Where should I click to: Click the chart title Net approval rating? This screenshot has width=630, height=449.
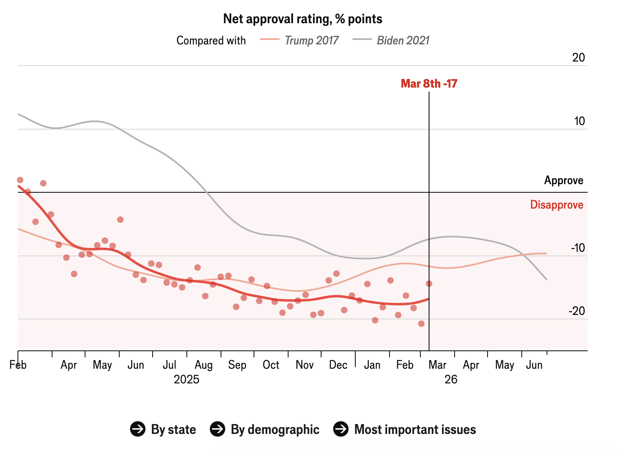pyautogui.click(x=302, y=19)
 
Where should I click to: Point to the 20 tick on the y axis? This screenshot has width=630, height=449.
pyautogui.click(x=578, y=57)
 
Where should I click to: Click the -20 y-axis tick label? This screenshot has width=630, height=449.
pyautogui.click(x=577, y=311)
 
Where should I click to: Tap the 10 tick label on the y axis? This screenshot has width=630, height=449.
pyautogui.click(x=579, y=121)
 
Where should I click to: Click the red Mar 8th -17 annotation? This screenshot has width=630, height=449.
pyautogui.click(x=429, y=84)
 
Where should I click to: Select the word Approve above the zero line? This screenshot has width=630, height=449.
pyautogui.click(x=564, y=180)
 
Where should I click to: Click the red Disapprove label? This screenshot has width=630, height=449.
pyautogui.click(x=556, y=205)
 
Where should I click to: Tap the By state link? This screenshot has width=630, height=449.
pyautogui.click(x=164, y=429)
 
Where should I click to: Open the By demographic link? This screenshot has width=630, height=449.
pyautogui.click(x=265, y=429)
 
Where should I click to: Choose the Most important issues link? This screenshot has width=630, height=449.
pyautogui.click(x=405, y=429)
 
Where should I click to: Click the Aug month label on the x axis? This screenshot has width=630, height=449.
pyautogui.click(x=203, y=365)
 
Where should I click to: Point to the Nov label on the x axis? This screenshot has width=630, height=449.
pyautogui.click(x=304, y=365)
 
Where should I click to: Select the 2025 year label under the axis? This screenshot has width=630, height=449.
pyautogui.click(x=186, y=380)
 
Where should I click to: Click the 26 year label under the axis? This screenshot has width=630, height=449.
pyautogui.click(x=451, y=380)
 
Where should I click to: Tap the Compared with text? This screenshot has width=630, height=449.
pyautogui.click(x=211, y=40)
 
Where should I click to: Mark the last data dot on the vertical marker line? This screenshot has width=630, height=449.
pyautogui.click(x=429, y=284)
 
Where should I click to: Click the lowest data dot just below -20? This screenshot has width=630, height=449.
pyautogui.click(x=421, y=324)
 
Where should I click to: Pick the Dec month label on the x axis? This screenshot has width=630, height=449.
pyautogui.click(x=338, y=365)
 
